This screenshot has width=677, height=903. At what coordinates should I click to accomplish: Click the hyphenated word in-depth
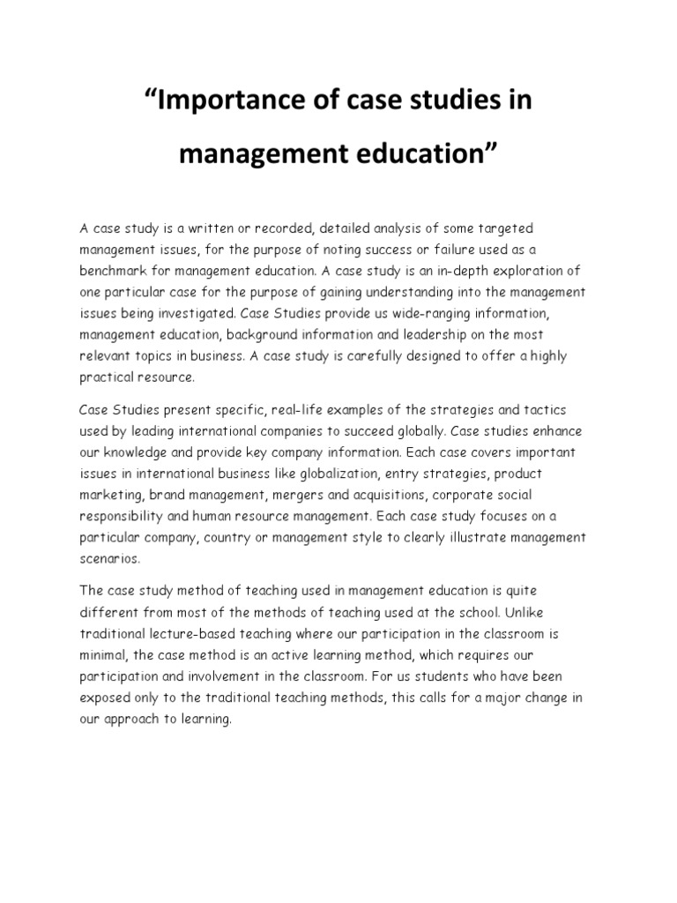[451, 271]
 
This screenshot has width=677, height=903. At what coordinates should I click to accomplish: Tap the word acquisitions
[395, 495]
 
